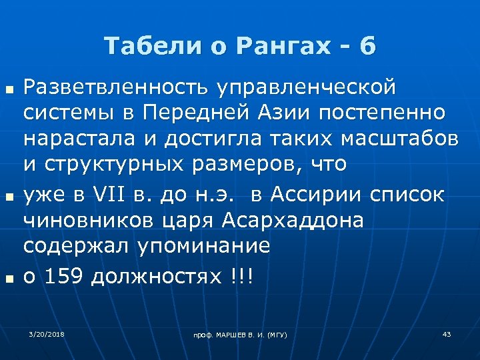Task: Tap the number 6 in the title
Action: point(367,46)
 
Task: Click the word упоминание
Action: point(204,245)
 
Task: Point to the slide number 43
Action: point(447,333)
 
